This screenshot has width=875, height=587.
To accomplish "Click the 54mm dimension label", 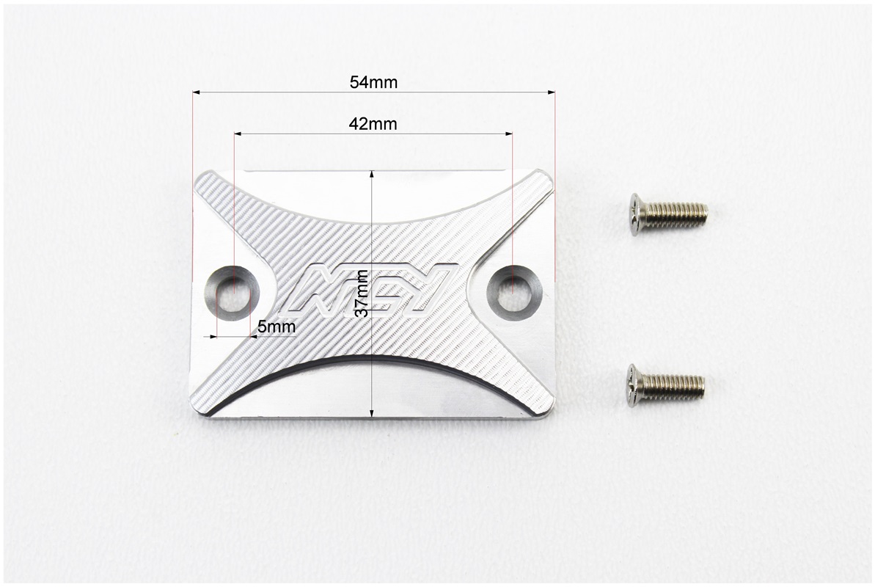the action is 373,83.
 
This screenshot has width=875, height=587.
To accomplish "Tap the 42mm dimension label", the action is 373,123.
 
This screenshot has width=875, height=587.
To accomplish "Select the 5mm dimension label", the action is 277,327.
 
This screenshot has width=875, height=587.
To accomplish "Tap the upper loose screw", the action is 668,214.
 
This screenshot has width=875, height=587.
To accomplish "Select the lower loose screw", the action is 665,385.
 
